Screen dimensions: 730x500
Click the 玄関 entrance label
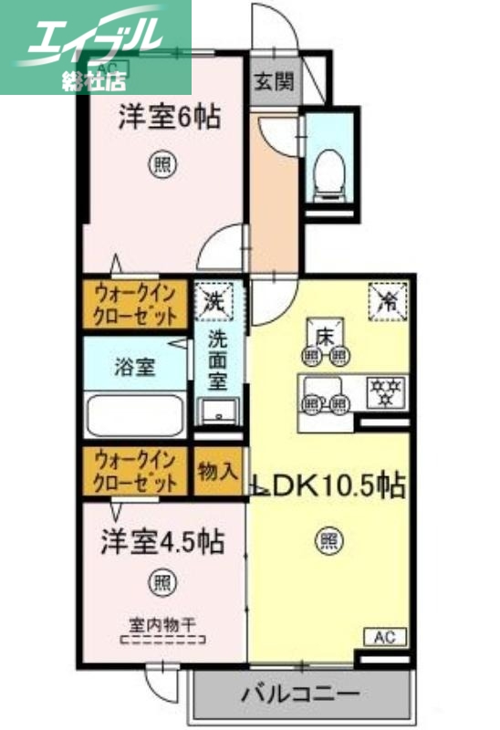pos(275,81)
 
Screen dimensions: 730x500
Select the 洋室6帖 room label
pos(169,118)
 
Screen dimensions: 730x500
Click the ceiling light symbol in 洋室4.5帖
pos(161,581)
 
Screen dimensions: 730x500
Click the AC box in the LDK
pos(386,636)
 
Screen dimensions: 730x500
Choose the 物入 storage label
pos(218,472)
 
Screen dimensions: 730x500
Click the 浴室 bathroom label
pos(135,368)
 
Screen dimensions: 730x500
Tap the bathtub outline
pos(136,414)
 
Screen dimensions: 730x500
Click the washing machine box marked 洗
pos(215,300)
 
